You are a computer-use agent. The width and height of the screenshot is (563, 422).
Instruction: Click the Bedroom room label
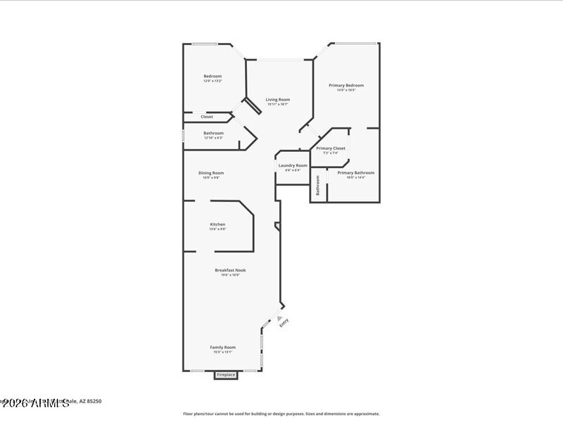point(213,76)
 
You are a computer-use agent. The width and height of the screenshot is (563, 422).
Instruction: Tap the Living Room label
point(277,99)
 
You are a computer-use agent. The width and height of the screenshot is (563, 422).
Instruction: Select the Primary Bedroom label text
point(346,85)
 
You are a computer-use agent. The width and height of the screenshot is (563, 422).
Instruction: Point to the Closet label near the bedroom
point(207,117)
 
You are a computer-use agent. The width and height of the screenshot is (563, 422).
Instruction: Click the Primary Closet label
point(330,148)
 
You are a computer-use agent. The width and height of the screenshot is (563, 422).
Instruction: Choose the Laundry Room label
point(293,165)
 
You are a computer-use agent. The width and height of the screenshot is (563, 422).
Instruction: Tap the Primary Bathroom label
point(355,172)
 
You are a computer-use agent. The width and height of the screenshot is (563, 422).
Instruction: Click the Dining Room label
point(210,172)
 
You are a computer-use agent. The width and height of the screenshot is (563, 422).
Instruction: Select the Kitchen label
point(217,224)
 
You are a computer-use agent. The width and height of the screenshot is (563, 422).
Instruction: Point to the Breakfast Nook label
point(230,270)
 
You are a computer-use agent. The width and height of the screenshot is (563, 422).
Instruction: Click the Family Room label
point(222,347)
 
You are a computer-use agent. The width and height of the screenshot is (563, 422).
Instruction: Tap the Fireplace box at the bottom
point(226,375)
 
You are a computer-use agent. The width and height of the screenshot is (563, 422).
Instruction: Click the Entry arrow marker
point(279,318)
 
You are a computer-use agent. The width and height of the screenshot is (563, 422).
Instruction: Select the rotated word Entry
point(284,324)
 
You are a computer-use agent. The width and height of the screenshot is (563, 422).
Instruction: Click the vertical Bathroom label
point(318,185)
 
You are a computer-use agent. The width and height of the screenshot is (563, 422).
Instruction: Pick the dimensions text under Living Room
point(277,104)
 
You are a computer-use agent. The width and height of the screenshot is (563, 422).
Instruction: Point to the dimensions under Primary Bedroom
point(346,90)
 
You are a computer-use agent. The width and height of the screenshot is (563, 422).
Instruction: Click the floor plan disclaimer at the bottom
point(281,414)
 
